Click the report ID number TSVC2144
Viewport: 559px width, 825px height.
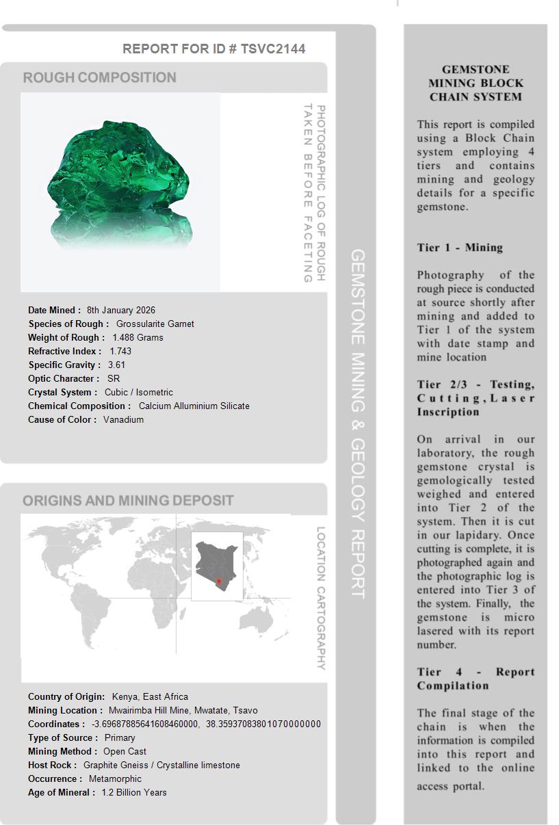point(273,49)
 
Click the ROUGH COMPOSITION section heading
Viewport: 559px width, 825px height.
point(100,77)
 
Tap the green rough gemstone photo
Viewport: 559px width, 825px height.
point(120,183)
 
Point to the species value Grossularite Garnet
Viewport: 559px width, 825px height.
point(155,324)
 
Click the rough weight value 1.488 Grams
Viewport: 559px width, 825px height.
point(138,337)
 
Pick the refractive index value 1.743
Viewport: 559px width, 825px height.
point(120,351)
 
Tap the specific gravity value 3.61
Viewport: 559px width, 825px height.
point(116,365)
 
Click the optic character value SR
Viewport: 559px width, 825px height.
point(113,378)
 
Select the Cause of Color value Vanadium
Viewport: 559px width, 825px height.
point(123,419)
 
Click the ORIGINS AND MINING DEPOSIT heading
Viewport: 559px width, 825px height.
point(128,500)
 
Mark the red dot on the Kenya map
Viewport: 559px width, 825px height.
point(218,581)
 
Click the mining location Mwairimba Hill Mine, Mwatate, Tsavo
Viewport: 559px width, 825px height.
point(183,710)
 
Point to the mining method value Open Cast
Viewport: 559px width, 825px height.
point(125,751)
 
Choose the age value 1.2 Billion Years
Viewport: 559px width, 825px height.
point(134,792)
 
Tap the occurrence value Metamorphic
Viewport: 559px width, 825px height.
point(115,778)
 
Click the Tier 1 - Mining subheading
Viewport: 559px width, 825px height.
point(460,248)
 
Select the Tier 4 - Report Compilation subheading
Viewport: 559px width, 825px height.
point(476,679)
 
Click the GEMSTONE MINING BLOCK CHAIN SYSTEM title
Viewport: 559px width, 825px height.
point(476,83)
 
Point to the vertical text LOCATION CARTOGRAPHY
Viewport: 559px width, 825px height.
point(320,598)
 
